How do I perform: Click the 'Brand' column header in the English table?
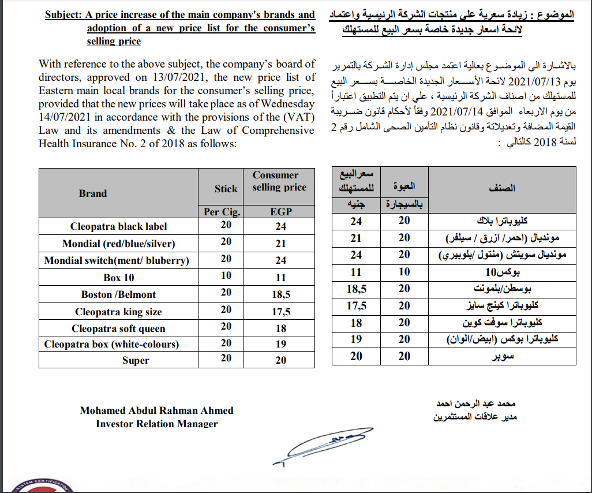click(x=93, y=193)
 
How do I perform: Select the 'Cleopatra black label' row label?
click(x=119, y=226)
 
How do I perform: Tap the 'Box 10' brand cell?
click(x=119, y=278)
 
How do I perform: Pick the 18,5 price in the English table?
click(x=282, y=294)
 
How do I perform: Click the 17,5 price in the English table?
click(x=282, y=312)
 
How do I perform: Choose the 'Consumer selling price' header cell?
click(x=279, y=181)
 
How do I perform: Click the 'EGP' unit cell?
click(x=281, y=212)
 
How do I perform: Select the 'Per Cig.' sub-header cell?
click(x=222, y=212)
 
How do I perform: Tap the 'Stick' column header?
click(x=226, y=188)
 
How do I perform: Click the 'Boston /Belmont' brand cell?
click(x=119, y=294)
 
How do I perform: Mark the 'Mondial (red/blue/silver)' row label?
click(x=119, y=244)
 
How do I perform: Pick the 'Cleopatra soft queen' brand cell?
click(x=119, y=328)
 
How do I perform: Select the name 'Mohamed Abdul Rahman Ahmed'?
click(x=156, y=410)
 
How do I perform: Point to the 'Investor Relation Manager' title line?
click(x=156, y=424)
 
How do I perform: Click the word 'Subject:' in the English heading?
click(x=64, y=14)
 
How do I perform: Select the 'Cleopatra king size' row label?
click(x=119, y=312)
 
